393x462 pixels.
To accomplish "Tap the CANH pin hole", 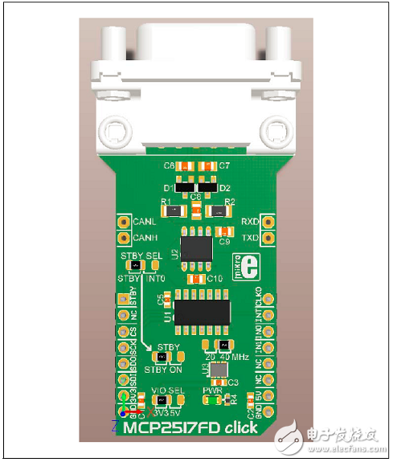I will (125, 238).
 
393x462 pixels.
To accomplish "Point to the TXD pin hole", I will (269, 238).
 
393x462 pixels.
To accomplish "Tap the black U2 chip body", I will (196, 247).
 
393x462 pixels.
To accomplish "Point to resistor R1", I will (174, 211).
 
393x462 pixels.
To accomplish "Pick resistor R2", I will (217, 211).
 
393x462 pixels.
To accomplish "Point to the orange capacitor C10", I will (194, 280).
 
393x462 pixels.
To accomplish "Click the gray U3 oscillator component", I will (215, 370).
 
